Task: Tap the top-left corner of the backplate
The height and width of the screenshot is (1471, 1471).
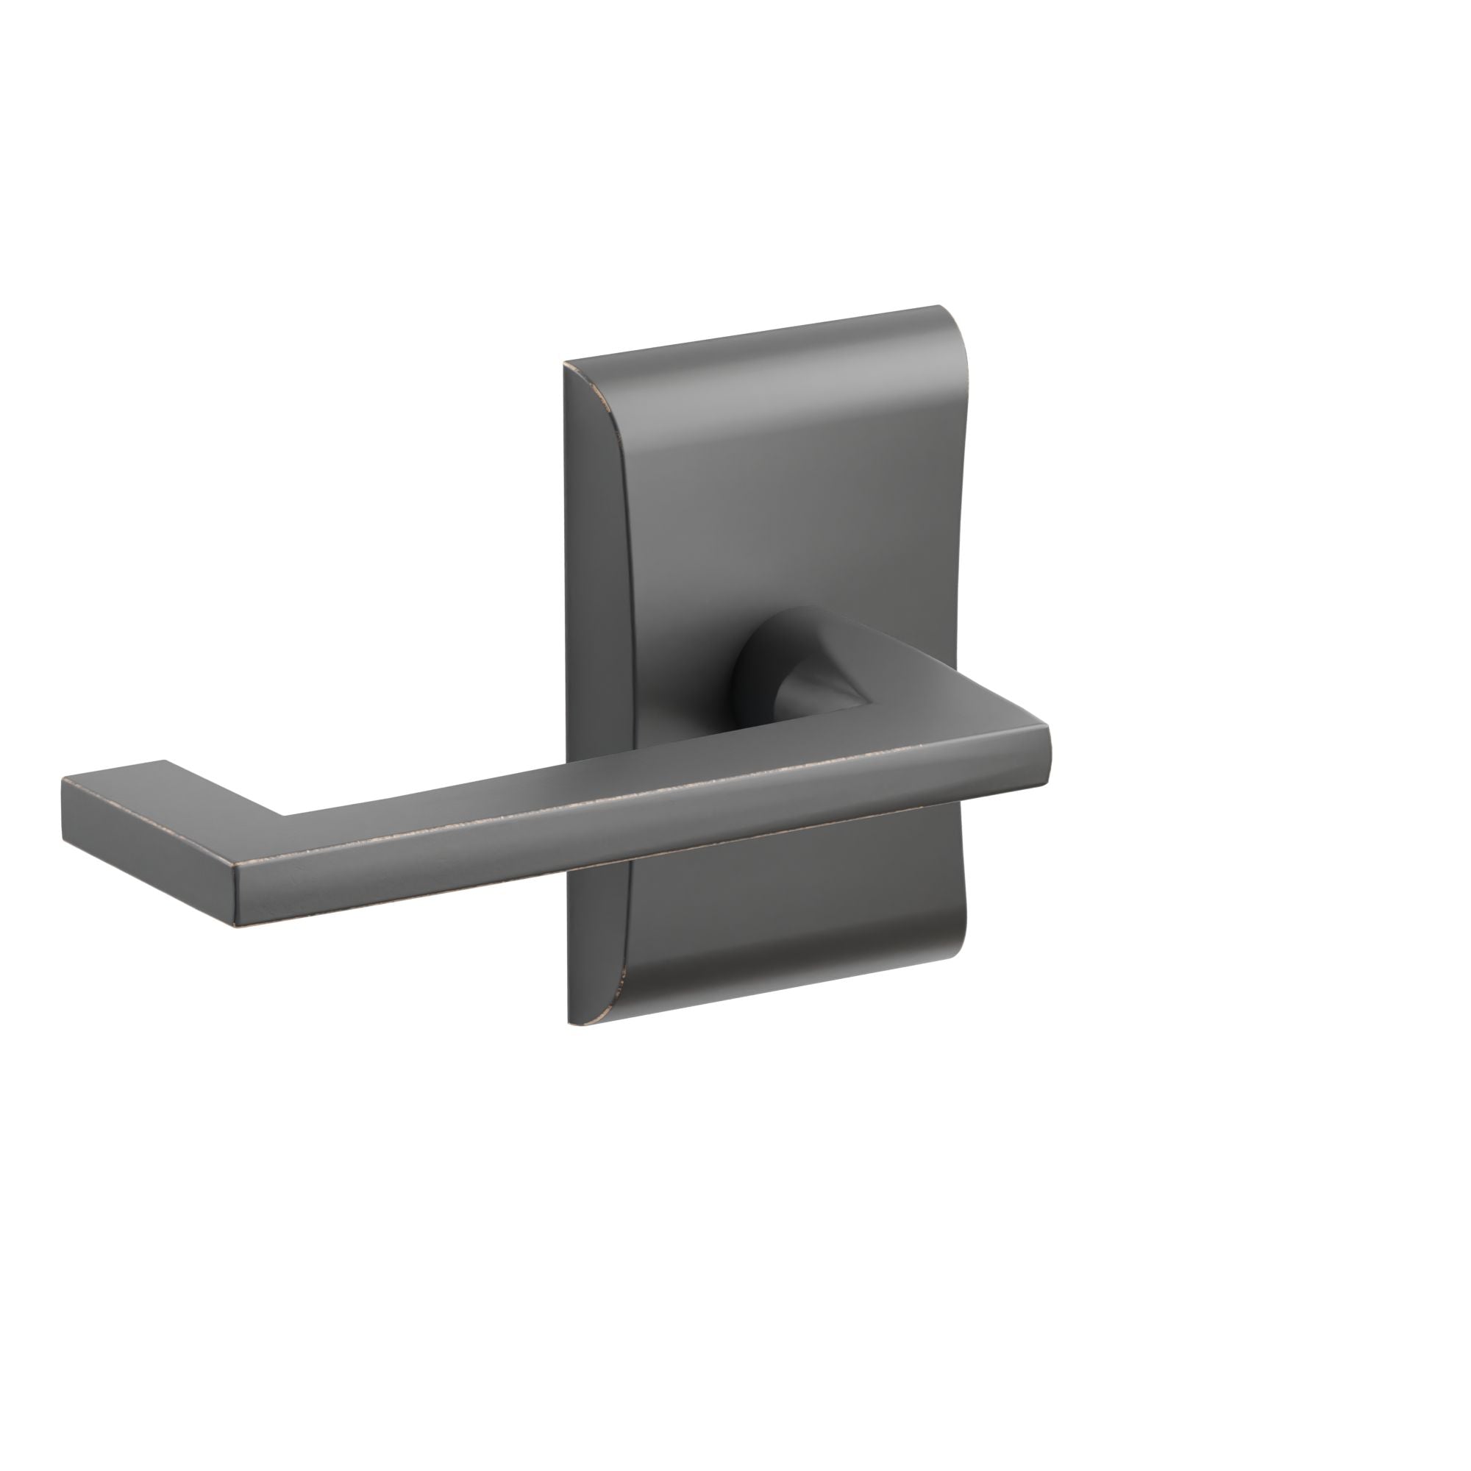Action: pyautogui.click(x=565, y=364)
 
